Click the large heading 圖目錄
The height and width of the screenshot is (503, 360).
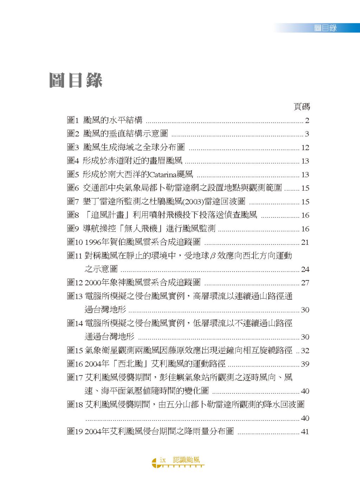76,80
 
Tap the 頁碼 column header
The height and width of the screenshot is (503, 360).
302,107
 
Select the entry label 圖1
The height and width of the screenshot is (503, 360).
73,120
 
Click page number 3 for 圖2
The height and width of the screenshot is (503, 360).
307,134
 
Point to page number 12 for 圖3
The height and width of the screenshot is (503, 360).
305,148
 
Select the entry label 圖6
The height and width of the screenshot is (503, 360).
73,188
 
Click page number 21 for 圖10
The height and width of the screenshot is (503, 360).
305,242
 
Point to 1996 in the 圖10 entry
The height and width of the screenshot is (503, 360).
93,242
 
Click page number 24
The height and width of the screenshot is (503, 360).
305,269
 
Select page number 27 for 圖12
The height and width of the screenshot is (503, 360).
305,283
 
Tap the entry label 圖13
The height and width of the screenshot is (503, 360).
75,296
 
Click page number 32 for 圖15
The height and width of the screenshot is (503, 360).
305,351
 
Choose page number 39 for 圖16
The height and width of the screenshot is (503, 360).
305,364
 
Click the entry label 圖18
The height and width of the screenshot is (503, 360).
75,405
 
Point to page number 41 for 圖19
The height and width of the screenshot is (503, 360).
305,432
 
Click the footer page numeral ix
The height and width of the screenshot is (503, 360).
162,460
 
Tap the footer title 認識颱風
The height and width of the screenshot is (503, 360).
186,460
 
